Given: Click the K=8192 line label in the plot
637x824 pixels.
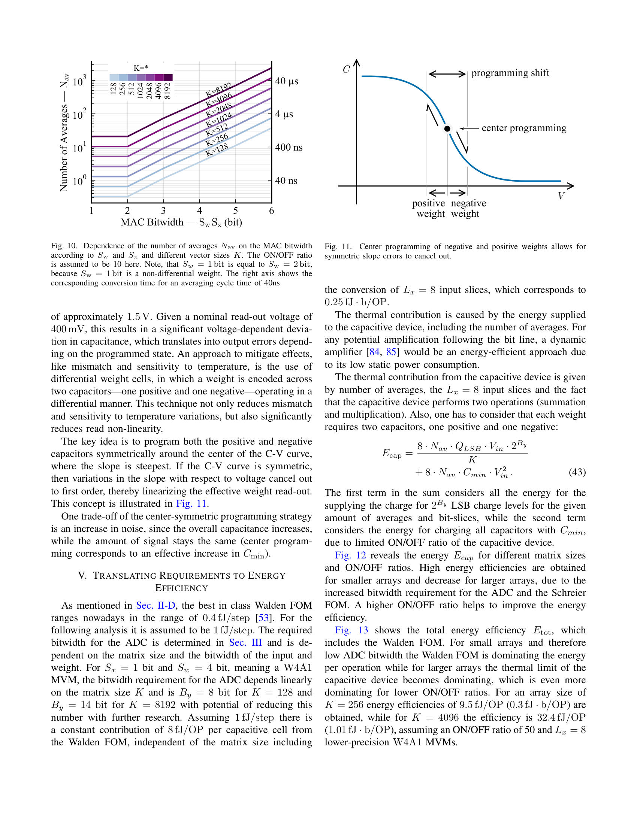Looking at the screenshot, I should click(x=218, y=90).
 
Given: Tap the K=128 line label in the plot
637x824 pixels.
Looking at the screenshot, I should click(x=217, y=150).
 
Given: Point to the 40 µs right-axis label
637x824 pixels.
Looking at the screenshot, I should click(x=286, y=81).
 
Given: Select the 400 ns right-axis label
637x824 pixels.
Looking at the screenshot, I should click(x=289, y=148).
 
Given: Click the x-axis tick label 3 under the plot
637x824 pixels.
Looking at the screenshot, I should click(x=163, y=211).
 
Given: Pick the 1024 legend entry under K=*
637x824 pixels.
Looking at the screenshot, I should click(x=141, y=91).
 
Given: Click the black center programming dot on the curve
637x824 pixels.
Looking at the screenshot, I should click(x=447, y=128).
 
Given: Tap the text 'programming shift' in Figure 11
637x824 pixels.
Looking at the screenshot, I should click(x=510, y=73).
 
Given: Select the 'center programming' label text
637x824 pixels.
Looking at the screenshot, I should click(x=524, y=128).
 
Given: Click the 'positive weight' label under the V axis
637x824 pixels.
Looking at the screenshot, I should click(x=428, y=208).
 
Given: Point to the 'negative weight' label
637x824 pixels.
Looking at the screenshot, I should click(x=468, y=208).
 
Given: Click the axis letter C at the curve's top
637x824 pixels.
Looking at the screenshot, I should click(x=346, y=69).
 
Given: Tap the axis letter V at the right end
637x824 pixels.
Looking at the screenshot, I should click(x=561, y=196).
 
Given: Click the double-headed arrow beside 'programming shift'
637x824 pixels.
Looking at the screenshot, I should click(x=447, y=74).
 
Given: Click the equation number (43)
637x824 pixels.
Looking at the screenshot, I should click(x=577, y=472).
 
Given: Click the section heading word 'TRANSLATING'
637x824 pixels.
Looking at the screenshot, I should click(x=124, y=576).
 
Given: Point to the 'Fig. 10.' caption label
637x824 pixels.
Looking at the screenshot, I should click(x=63, y=246).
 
